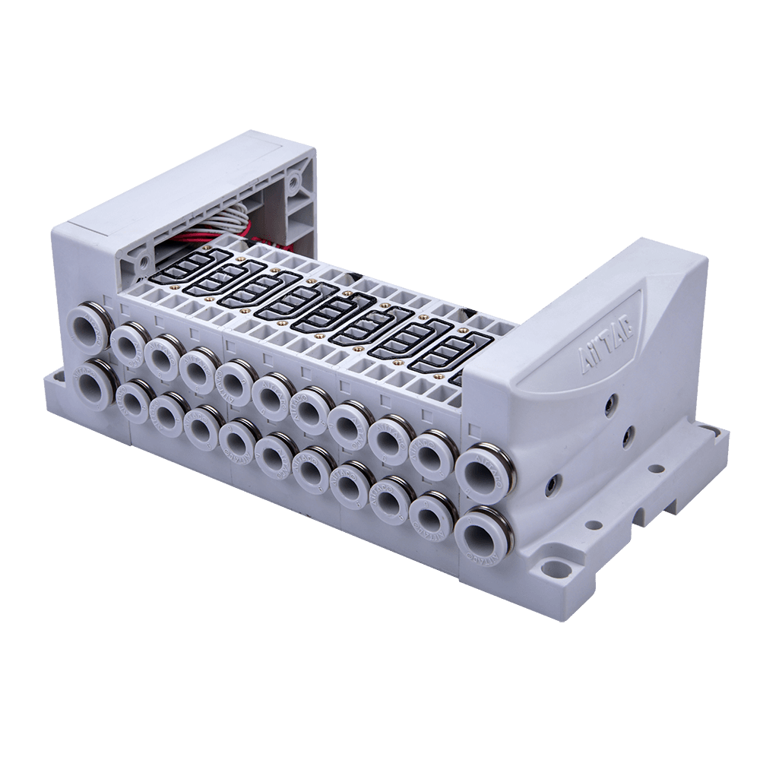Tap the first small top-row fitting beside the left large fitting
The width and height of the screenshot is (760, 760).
point(128,344)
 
